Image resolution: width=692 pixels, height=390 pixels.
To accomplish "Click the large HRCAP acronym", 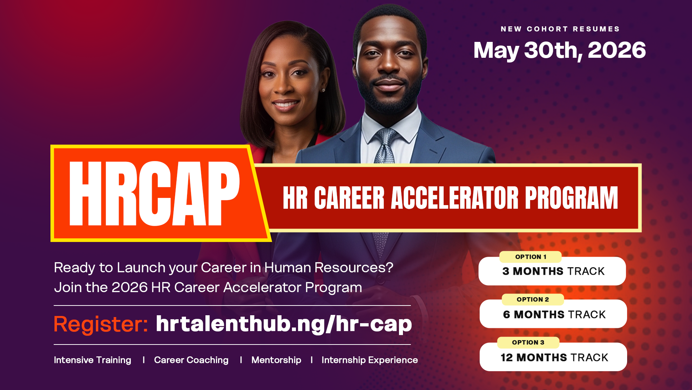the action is coord(154,193).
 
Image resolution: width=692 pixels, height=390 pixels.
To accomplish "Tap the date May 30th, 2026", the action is coord(559,51).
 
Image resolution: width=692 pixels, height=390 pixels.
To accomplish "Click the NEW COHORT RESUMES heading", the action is coord(560,29).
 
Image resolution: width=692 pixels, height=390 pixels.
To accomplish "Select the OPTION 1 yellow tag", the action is coord(531,257).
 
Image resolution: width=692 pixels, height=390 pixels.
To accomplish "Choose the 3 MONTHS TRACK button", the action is coord(552,271).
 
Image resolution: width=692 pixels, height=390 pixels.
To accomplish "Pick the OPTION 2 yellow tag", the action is coord(533,299).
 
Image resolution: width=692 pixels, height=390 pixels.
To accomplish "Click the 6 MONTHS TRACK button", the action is coord(553,314).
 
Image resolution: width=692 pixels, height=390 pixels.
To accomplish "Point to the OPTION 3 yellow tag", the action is coord(528,342).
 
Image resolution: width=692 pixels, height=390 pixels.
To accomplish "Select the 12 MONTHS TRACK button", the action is coord(553,357).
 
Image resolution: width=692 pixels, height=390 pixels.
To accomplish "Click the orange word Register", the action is coord(101,324).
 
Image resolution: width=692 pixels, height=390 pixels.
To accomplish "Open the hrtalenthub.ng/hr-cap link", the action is coord(284,324).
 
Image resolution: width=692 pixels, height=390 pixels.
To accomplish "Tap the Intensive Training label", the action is coord(93,360).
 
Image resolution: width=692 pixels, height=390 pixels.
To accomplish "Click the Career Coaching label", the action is coord(191,360).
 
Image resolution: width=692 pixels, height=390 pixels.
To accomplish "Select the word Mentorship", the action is coord(276,360).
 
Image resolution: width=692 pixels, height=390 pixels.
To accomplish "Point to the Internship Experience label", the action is coord(370,360).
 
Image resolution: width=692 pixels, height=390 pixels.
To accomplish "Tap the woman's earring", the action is coord(323,90).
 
